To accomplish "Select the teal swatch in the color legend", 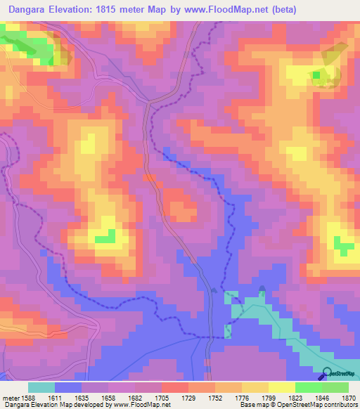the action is click(x=41, y=387).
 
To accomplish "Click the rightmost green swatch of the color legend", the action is click(x=335, y=387).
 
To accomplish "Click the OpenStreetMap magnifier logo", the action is click(x=328, y=373).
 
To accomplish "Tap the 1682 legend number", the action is click(x=136, y=397).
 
